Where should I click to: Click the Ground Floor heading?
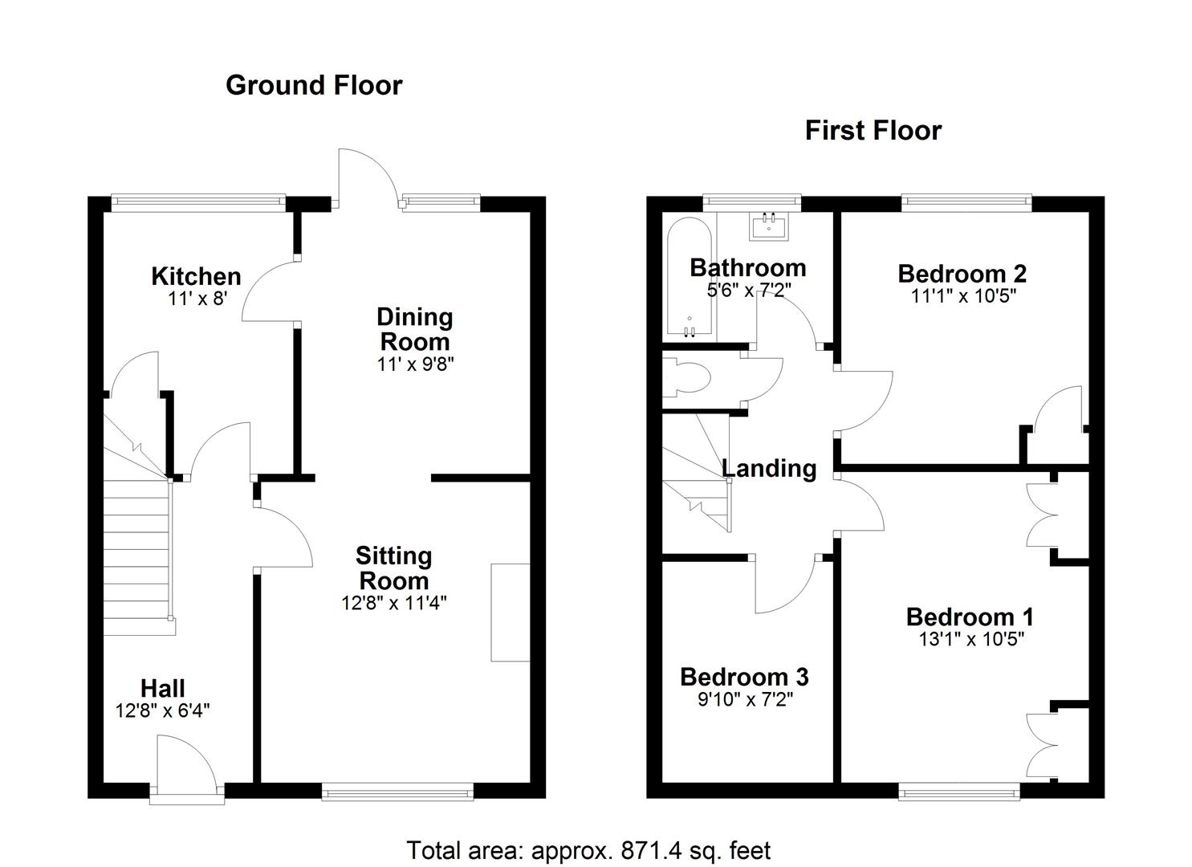314,85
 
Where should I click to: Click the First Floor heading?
873,130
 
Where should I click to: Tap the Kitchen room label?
196,276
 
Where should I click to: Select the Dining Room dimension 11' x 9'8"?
416,364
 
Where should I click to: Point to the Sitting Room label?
393,568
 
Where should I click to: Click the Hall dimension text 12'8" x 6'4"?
163,710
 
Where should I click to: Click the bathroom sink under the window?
769,226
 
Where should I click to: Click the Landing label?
769,468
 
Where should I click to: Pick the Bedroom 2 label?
962,274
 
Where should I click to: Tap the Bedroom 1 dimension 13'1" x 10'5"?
970,639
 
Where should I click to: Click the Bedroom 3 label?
744,677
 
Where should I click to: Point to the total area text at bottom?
588,850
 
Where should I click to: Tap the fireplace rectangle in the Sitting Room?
511,613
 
